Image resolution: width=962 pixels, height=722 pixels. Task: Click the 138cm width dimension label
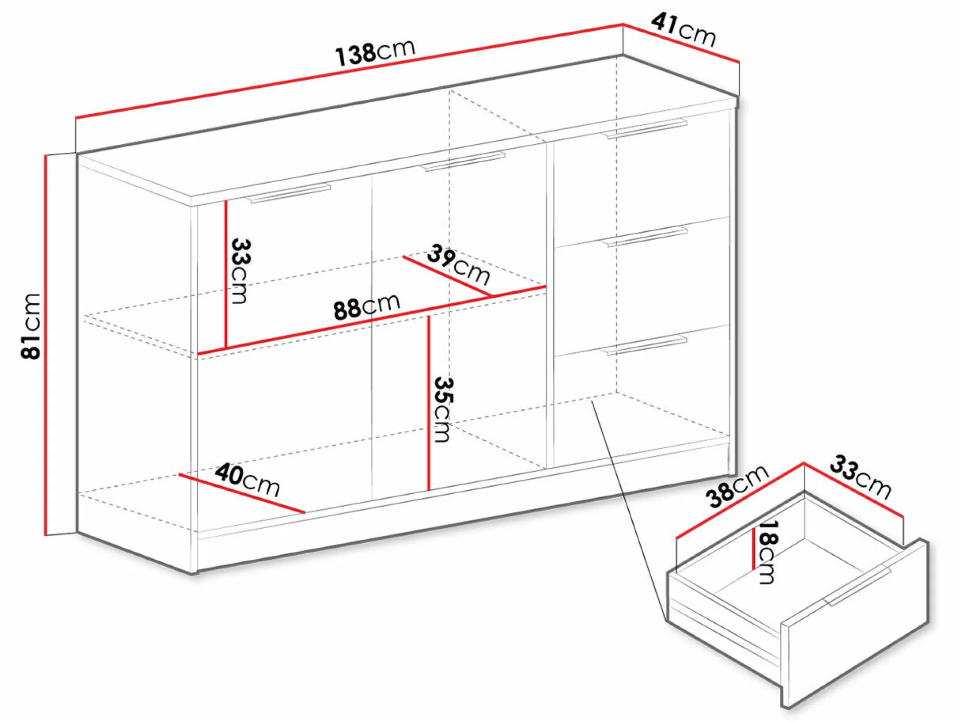pyautogui.click(x=375, y=52)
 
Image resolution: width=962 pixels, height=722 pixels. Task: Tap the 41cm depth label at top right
pyautogui.click(x=684, y=29)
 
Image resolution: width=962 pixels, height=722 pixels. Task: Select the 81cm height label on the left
pyautogui.click(x=31, y=326)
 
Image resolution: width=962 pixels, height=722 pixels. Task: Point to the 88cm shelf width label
pyautogui.click(x=366, y=306)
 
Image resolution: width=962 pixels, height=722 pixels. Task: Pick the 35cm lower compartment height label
pyautogui.click(x=442, y=409)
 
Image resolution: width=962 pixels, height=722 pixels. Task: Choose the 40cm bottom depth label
pyautogui.click(x=247, y=479)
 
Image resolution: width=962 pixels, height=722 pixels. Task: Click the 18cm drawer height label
pyautogui.click(x=768, y=552)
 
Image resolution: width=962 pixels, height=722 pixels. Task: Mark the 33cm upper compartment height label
pyautogui.click(x=240, y=271)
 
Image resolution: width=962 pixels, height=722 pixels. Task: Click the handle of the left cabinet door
pyautogui.click(x=288, y=194)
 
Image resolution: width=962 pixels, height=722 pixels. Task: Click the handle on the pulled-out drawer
pyautogui.click(x=858, y=587)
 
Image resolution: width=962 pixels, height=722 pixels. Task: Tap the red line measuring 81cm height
pyautogui.click(x=46, y=345)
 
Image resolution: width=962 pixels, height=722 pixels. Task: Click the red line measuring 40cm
pyautogui.click(x=242, y=494)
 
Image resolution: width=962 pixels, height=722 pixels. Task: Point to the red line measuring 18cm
pyautogui.click(x=754, y=549)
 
